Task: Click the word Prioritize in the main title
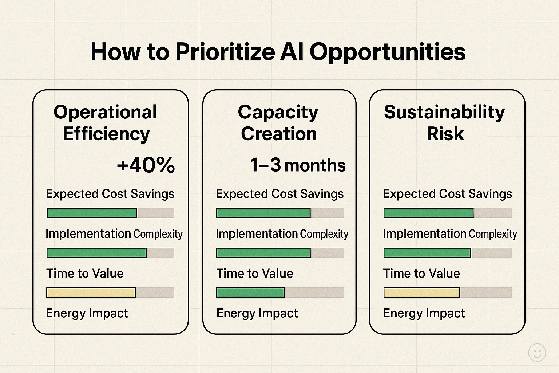click(x=225, y=52)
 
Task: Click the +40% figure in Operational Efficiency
click(x=146, y=165)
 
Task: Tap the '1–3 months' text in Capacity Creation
click(x=297, y=165)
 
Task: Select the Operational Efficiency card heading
click(x=106, y=123)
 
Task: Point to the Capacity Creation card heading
click(x=278, y=123)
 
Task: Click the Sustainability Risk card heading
click(x=445, y=123)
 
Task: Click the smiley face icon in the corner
click(x=537, y=353)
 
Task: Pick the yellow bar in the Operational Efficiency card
click(x=91, y=292)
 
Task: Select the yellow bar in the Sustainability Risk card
click(x=421, y=292)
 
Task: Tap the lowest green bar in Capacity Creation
click(x=250, y=292)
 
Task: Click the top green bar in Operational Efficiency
click(x=92, y=213)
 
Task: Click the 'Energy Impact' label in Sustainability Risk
click(x=424, y=313)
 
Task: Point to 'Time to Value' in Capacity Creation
click(x=254, y=274)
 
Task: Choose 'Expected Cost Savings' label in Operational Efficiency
click(x=110, y=194)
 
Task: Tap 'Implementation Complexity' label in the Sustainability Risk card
click(x=449, y=234)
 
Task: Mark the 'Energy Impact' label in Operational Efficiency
click(x=87, y=313)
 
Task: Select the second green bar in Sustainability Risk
click(x=427, y=253)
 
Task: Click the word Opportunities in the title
click(x=387, y=52)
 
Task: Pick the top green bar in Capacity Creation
click(x=263, y=213)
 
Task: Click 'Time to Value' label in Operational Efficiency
click(x=84, y=274)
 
